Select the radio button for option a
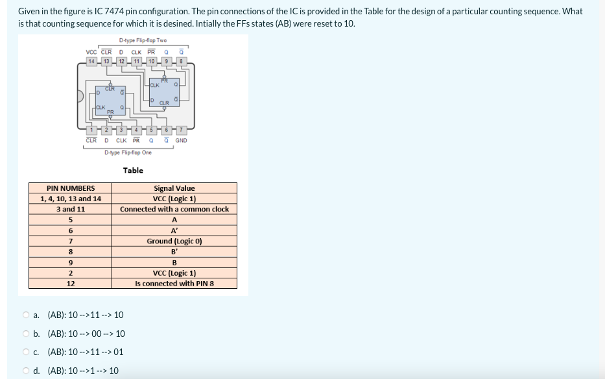[25, 315]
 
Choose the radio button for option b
[25, 334]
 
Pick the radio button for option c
[25, 352]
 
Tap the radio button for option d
[25, 371]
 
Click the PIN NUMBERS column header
[71, 188]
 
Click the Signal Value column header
[174, 188]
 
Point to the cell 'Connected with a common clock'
[174, 209]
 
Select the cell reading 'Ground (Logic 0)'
[174, 241]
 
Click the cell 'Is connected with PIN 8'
[174, 284]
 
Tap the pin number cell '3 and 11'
[71, 209]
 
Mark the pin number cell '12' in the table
[71, 284]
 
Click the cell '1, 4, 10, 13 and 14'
[71, 199]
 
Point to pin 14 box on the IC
[92, 61]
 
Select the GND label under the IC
[181, 140]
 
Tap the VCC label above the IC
[92, 53]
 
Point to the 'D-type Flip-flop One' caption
[128, 153]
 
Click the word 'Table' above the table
[133, 171]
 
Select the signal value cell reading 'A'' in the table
[174, 230]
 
